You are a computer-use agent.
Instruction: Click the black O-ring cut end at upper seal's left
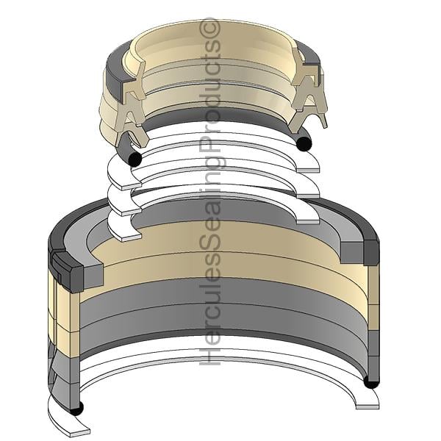click(135, 159)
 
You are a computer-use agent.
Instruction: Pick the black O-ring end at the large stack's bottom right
click(371, 382)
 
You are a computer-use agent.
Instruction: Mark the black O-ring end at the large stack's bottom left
click(76, 409)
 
